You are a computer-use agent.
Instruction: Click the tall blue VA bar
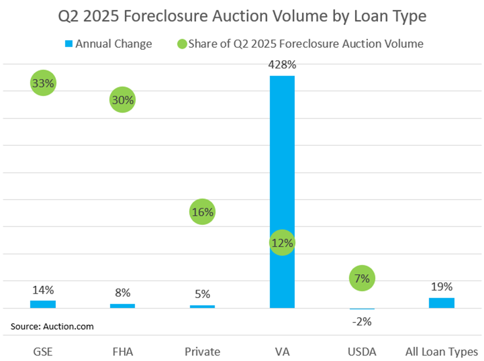click(282, 163)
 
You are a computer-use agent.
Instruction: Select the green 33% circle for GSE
click(43, 83)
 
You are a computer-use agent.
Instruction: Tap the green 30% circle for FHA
click(122, 100)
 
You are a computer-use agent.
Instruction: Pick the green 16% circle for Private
click(202, 212)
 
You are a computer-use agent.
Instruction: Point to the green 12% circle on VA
click(282, 243)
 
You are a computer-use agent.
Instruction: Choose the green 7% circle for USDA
click(362, 279)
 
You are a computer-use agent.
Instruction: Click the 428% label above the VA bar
click(282, 65)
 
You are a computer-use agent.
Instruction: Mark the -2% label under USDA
click(362, 321)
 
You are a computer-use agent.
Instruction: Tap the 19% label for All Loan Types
click(442, 287)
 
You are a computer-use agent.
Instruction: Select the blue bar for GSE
click(43, 304)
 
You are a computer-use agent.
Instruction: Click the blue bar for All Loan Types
click(442, 302)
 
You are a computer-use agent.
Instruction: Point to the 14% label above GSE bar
click(43, 290)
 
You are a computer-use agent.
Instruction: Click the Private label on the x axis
click(202, 352)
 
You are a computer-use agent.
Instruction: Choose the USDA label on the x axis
click(362, 352)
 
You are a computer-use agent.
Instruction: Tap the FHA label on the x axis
click(122, 352)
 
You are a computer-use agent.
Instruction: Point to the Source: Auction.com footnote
click(52, 326)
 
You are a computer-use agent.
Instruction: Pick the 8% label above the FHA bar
click(122, 293)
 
